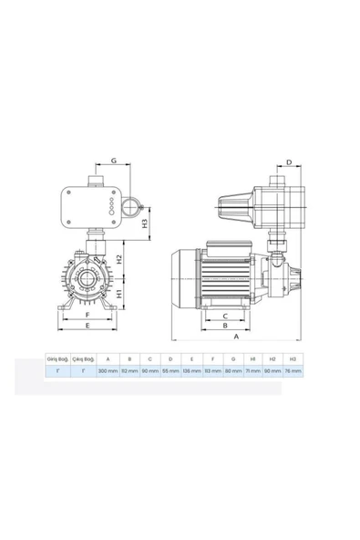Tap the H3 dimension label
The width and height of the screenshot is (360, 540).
145,222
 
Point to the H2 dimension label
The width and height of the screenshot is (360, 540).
118,260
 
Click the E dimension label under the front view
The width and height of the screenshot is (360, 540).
86,326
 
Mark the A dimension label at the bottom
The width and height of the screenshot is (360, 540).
236,337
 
